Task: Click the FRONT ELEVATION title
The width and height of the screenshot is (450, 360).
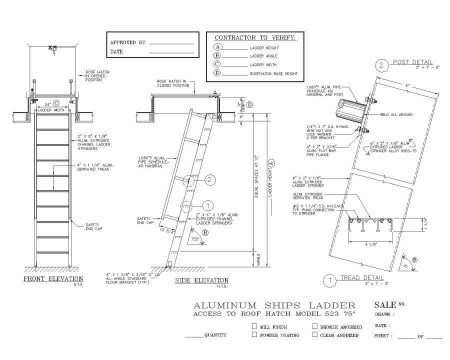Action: coord(53,278)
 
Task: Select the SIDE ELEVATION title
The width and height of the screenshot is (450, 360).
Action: coord(201,280)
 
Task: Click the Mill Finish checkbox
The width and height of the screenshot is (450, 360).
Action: coord(254,326)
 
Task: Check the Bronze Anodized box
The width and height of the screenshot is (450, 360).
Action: coord(315,326)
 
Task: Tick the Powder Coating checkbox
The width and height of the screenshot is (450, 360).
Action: coord(254,335)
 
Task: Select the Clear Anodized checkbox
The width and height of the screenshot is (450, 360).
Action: coord(315,335)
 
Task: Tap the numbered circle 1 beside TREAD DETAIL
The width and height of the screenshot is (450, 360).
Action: coord(329,280)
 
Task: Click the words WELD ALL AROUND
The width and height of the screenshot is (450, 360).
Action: coord(398,114)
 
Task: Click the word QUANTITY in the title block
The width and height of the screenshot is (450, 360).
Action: coord(215,335)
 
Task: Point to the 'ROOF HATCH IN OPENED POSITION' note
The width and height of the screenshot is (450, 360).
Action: coord(97,75)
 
